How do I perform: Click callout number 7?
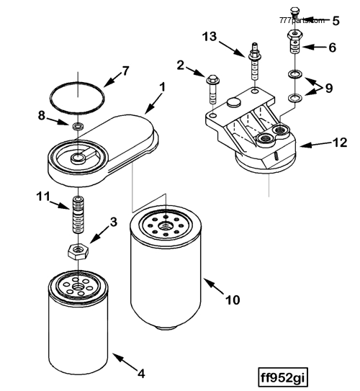point(125,71)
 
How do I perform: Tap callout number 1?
point(162,86)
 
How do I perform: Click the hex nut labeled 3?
point(77,251)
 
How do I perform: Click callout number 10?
point(232,298)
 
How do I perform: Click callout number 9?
point(329,89)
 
